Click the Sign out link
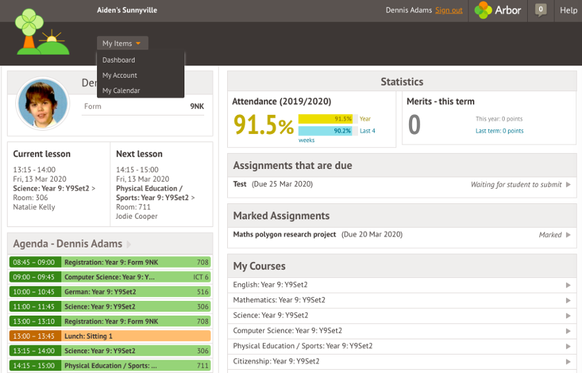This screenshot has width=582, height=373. coord(449,11)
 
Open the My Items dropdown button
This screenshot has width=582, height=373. coord(122,44)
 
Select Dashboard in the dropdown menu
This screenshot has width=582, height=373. coord(119,60)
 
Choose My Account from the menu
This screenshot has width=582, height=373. coord(120,75)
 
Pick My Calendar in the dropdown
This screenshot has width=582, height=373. coord(121,90)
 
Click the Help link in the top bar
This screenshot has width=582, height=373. coord(568,11)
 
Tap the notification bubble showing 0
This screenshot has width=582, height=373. coord(541,10)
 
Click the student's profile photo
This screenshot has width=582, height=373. coord(43,104)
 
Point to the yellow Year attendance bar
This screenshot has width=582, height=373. coord(325,119)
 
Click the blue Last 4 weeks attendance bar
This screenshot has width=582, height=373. coord(325,131)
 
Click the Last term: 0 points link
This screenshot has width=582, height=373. coord(499,131)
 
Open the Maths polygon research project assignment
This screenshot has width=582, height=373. coord(284,234)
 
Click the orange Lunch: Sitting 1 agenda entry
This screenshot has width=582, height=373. coord(110,336)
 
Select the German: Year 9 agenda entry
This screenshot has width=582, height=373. coord(110,292)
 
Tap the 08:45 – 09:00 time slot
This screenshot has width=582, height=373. coord(34,262)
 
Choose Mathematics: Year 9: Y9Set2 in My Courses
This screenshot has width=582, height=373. coord(279,300)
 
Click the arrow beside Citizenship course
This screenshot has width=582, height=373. coord(568,362)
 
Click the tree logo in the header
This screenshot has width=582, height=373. coord(42,32)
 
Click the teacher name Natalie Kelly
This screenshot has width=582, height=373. coord(34,207)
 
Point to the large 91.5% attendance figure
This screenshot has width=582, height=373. coord(264,125)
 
